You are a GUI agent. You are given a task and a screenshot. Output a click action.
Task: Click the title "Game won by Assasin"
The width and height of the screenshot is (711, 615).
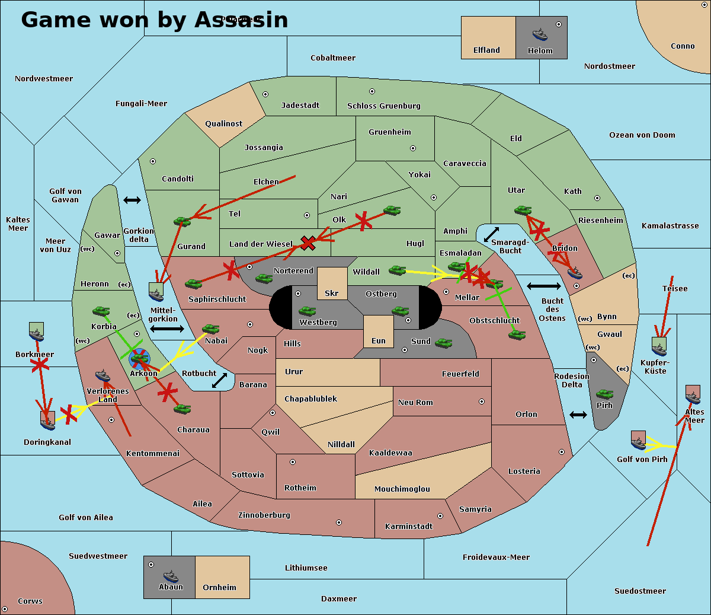coord(155,20)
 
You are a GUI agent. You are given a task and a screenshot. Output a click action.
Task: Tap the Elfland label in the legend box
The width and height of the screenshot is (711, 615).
coord(486,50)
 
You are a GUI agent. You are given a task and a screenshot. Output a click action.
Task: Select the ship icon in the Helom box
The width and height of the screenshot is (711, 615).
coord(540,34)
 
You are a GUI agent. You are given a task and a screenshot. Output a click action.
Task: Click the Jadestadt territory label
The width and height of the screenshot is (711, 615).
coord(300,106)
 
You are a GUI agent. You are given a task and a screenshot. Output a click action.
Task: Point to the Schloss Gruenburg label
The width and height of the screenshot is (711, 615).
coord(383,106)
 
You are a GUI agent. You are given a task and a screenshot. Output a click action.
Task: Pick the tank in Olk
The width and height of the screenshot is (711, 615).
coord(392,210)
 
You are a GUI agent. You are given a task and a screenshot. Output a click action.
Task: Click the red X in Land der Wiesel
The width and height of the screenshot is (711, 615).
coord(308,243)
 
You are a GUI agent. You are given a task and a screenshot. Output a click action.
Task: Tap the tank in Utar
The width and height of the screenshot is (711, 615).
coord(523,210)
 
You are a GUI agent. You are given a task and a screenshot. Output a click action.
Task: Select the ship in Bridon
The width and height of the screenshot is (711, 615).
coord(574,272)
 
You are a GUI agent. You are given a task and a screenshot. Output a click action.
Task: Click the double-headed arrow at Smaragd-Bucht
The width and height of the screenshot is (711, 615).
coord(491,234)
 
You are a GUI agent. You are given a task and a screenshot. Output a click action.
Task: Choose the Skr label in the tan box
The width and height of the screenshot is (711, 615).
coord(331,294)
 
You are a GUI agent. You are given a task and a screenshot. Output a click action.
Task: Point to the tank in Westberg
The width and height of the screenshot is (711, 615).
coord(307,311)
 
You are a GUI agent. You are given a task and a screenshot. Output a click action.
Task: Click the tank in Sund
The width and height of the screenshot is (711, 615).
coord(443,342)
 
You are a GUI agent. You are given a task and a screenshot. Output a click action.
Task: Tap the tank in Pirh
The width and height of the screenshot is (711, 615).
coord(604,394)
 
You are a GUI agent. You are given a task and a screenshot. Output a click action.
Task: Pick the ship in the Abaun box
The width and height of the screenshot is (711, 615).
coord(171,575)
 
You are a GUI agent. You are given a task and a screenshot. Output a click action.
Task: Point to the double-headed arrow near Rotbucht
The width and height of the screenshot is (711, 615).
coord(219,381)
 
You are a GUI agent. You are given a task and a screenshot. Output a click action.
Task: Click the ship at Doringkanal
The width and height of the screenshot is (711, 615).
coord(48,419)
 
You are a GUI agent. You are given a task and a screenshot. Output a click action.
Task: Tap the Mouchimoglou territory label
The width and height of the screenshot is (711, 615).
coord(402,489)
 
